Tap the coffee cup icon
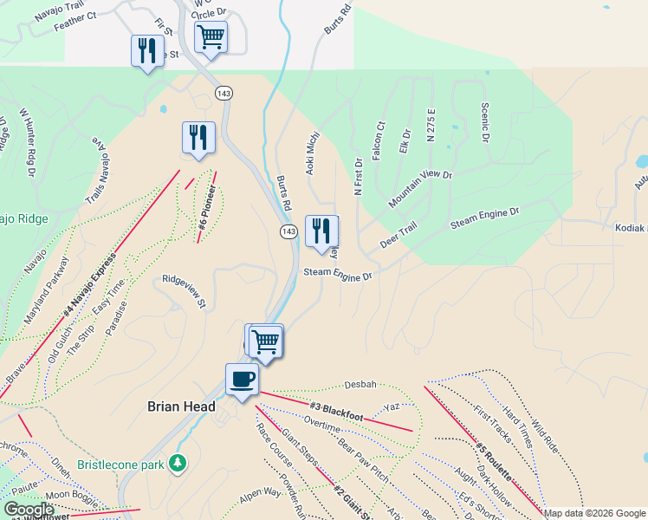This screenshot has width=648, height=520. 242,379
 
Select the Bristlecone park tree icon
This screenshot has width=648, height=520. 178,463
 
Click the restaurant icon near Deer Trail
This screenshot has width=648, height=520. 321,231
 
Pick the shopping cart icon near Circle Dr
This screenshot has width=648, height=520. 211,37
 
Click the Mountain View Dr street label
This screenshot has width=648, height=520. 420,188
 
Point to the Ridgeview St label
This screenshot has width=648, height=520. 184,291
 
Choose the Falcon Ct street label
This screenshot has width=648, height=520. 378,139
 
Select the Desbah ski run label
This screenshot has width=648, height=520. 360,383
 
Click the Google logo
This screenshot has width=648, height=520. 29,510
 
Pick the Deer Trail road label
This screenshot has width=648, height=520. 399,234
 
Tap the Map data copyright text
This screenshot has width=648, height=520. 595,513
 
